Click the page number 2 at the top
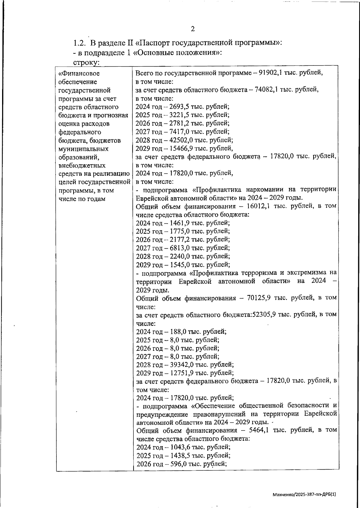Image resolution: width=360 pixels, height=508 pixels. coord(193,29)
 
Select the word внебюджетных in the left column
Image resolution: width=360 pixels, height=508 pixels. coord(82,165)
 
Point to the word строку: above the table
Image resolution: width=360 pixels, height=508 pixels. coord(86,62)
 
